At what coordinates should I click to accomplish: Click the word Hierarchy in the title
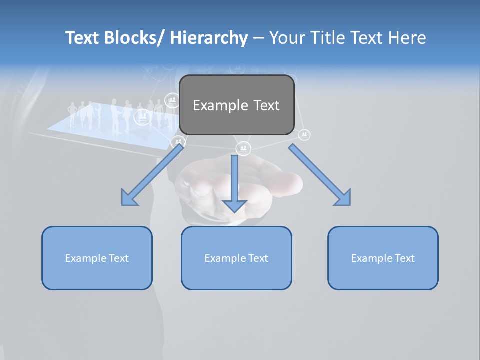(x=209, y=38)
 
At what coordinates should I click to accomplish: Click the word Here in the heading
(x=406, y=38)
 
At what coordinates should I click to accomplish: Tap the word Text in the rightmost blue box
(x=404, y=258)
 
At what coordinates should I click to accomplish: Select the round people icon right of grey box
(x=304, y=135)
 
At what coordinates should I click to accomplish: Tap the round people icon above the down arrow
(x=243, y=148)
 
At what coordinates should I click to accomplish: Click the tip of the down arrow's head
(x=234, y=212)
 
